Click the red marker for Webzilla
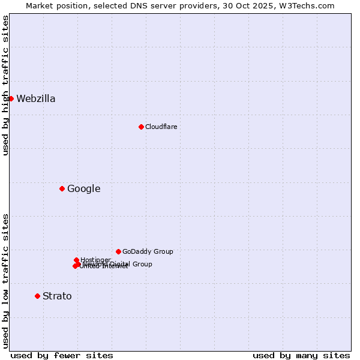click(x=11, y=98)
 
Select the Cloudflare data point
click(x=141, y=127)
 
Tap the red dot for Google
click(x=62, y=188)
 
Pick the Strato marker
click(x=37, y=296)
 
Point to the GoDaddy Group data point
click(x=118, y=251)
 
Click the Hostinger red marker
click(x=76, y=260)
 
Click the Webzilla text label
click(x=36, y=99)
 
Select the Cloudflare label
click(x=161, y=127)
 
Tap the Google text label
click(x=83, y=189)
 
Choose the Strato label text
click(x=57, y=296)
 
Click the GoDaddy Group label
click(x=148, y=252)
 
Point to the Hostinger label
click(x=95, y=260)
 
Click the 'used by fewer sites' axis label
click(x=62, y=355)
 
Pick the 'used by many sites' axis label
click(x=301, y=355)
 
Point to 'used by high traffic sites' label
click(x=5, y=85)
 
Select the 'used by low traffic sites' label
click(x=5, y=281)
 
